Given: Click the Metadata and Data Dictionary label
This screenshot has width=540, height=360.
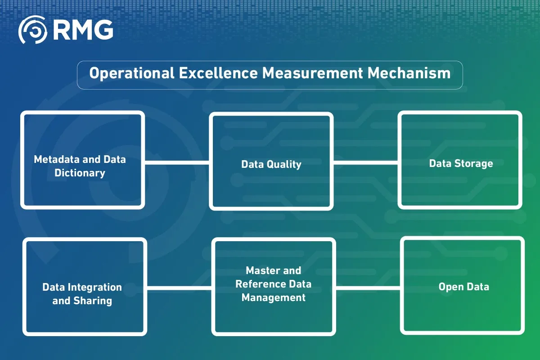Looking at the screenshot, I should click(x=80, y=166).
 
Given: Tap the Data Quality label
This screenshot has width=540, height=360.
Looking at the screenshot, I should click(x=271, y=164).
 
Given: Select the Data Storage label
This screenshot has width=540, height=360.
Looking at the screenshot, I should click(x=461, y=163).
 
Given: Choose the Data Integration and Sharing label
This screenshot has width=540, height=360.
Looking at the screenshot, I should click(x=82, y=294).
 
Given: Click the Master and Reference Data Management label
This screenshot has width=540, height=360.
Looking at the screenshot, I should click(x=274, y=284).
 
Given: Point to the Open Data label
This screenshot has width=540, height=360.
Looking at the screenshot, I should click(x=463, y=287).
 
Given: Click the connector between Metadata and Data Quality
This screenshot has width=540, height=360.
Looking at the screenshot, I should click(x=177, y=163).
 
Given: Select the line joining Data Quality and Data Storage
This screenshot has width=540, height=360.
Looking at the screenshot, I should click(x=365, y=163).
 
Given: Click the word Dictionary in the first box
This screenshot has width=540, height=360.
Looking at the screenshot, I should click(x=80, y=173).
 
